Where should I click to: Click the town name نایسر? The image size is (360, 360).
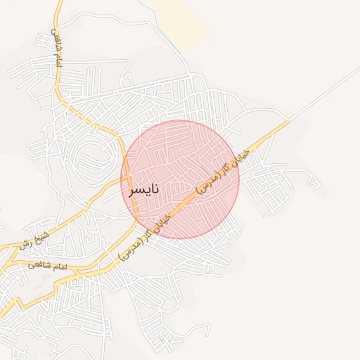coord(143,189)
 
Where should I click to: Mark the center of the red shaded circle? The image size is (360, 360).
coord(180,179)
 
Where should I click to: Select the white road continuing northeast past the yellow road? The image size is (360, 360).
coord(323,95)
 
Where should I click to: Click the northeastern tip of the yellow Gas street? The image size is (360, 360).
coord(288,121)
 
